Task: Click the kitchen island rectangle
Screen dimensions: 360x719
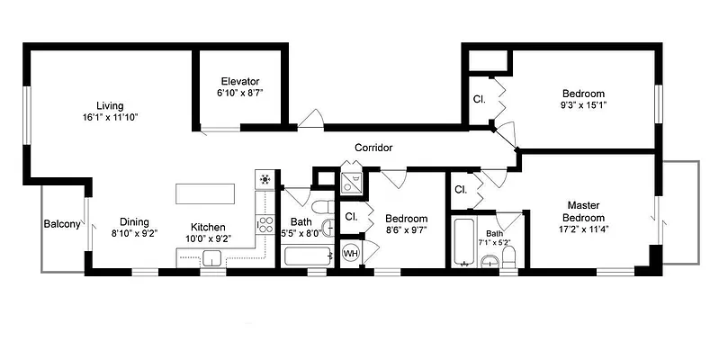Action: [205, 194]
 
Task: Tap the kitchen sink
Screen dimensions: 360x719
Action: [212, 259]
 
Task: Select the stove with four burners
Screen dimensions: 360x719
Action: [265, 221]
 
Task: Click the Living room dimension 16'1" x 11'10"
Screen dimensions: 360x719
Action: [112, 117]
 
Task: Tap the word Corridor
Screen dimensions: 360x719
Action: [373, 148]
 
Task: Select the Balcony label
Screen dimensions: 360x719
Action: [62, 224]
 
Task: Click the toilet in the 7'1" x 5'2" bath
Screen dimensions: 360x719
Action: [509, 257]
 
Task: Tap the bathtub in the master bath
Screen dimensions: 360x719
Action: [463, 243]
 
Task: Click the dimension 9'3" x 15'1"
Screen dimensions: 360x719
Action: [583, 105]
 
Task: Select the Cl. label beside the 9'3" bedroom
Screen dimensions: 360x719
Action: [480, 99]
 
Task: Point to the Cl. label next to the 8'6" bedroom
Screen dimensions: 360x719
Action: [352, 217]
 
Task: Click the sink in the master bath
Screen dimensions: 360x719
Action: [487, 261]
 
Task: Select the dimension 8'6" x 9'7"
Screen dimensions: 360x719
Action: [406, 229]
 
